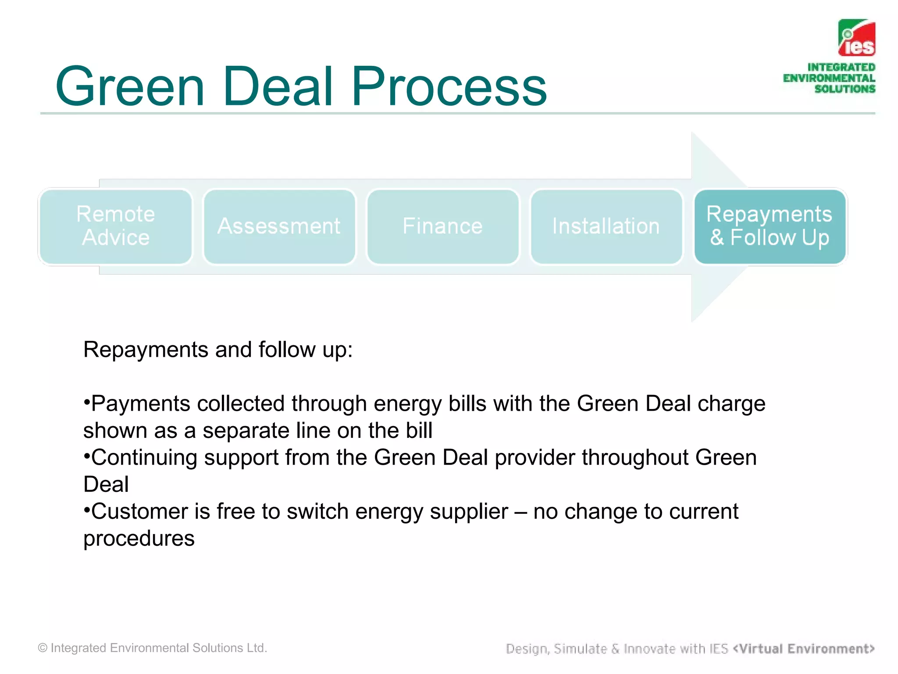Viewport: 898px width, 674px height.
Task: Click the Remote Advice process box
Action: coord(115,226)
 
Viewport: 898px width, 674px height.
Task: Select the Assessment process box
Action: coord(279,226)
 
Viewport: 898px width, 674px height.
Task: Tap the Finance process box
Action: coord(442,226)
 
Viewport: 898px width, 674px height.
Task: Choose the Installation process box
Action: coord(606,226)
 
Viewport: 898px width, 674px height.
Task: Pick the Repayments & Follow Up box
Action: coord(770,226)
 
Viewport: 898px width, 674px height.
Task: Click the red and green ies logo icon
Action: coord(857,38)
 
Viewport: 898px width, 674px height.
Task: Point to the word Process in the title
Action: coord(449,86)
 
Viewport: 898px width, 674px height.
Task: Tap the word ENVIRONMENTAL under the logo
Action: coord(829,78)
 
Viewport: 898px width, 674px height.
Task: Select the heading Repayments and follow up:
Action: coord(218,350)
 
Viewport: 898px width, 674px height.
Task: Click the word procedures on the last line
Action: coord(139,539)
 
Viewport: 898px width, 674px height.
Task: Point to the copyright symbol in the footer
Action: coord(43,648)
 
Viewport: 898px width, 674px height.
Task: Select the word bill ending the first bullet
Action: coord(419,430)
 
